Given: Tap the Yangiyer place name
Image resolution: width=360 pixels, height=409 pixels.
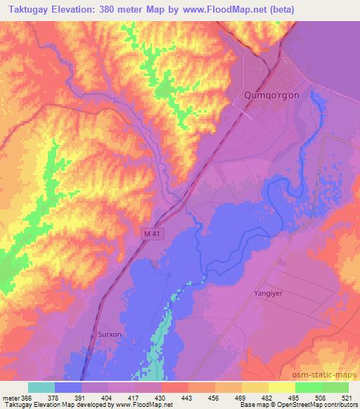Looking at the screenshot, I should click(x=267, y=294).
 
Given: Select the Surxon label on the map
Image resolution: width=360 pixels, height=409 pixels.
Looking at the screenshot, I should click(x=109, y=335).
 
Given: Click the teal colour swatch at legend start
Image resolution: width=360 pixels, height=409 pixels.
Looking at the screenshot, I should click(x=41, y=387).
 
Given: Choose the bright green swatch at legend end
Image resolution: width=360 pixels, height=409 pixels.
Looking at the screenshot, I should click(x=335, y=387).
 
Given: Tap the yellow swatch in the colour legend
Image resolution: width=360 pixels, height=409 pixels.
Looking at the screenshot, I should click(x=281, y=387).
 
